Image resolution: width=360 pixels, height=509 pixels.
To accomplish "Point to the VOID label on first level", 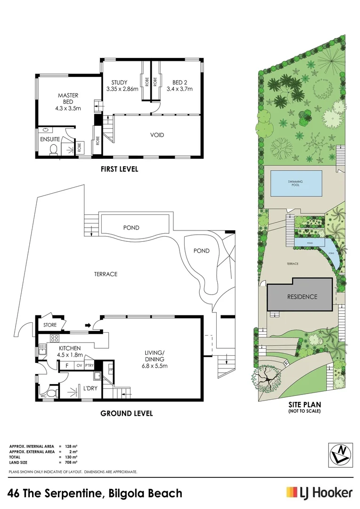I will coord(157,135).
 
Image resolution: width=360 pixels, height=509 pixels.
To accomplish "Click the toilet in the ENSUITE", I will coord(54,150).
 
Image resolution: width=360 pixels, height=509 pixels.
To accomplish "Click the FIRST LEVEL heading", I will coord(119,169).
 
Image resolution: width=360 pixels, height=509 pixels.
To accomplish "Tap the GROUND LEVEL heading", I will coord(127,413).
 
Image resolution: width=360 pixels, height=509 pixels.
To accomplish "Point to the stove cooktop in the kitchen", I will coord(54,338).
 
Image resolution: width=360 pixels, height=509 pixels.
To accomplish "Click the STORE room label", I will coord(50,325).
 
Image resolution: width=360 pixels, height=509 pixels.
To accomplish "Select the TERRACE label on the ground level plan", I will coord(106,274).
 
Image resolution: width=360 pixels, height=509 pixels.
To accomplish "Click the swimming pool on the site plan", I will coord(295,183).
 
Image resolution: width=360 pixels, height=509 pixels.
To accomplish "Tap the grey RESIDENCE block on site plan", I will coord(300,297).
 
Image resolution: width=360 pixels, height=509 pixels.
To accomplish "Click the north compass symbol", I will coord(340,455).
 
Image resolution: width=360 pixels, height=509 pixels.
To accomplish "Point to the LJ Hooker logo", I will coord(319,493).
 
